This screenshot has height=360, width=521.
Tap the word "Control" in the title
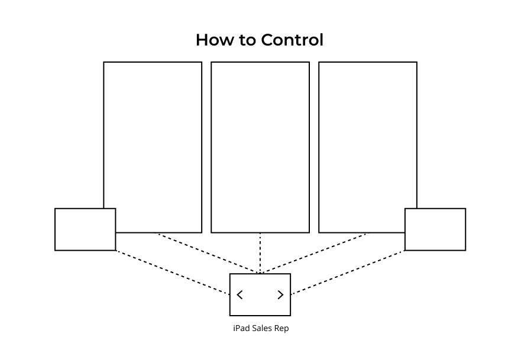click(x=292, y=40)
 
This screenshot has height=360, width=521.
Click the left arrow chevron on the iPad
click(x=240, y=294)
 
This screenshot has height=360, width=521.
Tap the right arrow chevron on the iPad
click(x=280, y=294)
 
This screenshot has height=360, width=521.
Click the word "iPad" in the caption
click(x=241, y=328)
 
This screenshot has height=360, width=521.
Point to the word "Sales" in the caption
click(x=262, y=328)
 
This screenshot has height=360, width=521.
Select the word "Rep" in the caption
click(x=281, y=328)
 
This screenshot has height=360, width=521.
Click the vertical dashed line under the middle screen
click(x=260, y=253)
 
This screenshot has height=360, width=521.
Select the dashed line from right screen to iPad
click(x=313, y=253)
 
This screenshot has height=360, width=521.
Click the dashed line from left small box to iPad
click(x=173, y=273)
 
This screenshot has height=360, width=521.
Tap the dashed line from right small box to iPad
click(x=348, y=273)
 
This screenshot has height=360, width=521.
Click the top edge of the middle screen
click(x=260, y=62)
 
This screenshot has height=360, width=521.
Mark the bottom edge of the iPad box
click(x=260, y=316)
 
